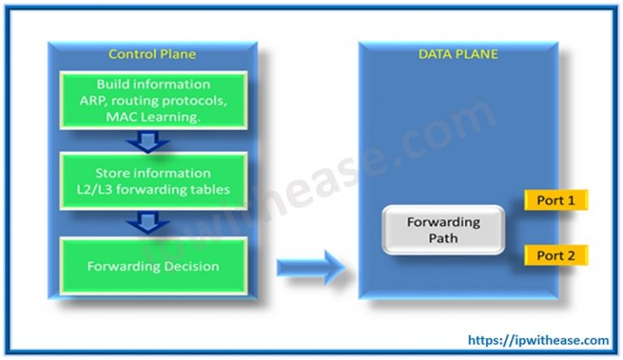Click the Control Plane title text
153,54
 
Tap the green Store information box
153,181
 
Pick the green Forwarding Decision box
153,265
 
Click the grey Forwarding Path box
443,229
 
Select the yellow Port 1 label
556,199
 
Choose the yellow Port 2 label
556,256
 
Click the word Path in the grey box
443,238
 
